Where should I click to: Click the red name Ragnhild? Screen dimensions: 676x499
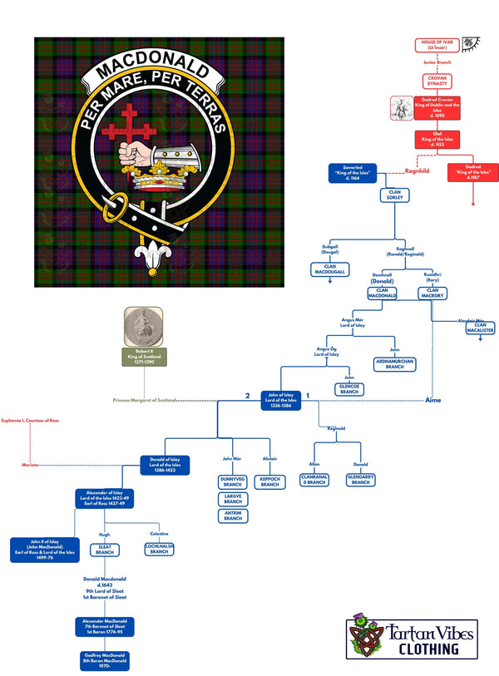pos(415,171)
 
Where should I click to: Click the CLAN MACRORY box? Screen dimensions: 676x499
pos(432,293)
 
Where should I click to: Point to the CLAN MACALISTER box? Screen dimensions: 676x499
pos(479,328)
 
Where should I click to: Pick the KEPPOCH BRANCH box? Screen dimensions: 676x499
pos(269,481)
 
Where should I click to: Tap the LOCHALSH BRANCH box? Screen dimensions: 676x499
pos(159,549)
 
